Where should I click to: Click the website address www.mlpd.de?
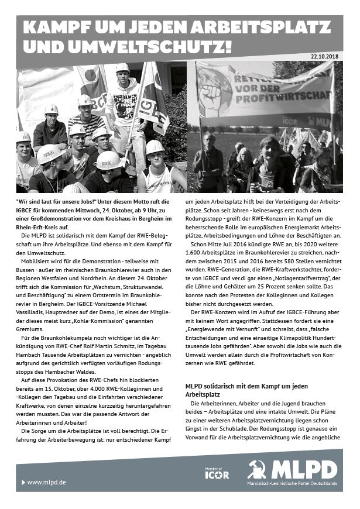click(x=46, y=482)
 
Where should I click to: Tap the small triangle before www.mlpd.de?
click(x=23, y=482)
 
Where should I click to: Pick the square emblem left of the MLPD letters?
click(x=257, y=469)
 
